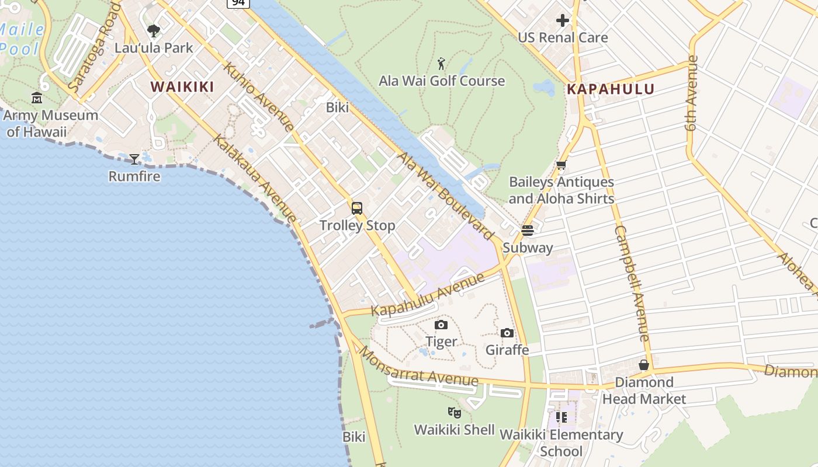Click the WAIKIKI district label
[182, 87]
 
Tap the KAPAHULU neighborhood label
[611, 89]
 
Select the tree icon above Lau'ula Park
[154, 30]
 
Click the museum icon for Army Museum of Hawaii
[37, 97]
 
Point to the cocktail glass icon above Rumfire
[134, 159]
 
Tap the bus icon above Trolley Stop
[357, 208]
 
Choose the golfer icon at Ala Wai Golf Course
[442, 64]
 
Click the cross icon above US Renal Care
[563, 21]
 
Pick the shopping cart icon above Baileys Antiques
[561, 165]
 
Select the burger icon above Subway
[528, 231]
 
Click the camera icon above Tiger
[441, 325]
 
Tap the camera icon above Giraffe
[507, 333]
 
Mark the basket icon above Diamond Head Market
[644, 365]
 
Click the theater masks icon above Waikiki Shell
[455, 413]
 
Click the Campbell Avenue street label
[632, 283]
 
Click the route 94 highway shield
[238, 3]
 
